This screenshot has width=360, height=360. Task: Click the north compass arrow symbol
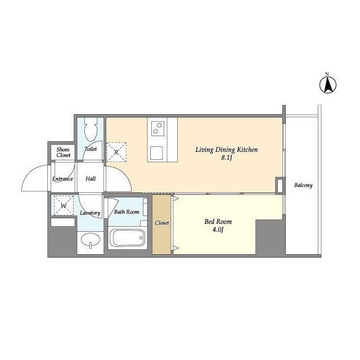click(328, 85)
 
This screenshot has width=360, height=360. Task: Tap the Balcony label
click(303, 185)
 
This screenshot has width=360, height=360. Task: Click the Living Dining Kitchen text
click(226, 150)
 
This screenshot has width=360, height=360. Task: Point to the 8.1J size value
click(227, 157)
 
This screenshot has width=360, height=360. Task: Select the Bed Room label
click(218, 222)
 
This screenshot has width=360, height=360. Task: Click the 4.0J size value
click(218, 229)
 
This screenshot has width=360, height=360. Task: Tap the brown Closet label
click(162, 223)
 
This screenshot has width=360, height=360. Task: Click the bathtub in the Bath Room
click(128, 237)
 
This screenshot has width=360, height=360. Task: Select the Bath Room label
click(127, 211)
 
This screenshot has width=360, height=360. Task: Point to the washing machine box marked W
click(64, 205)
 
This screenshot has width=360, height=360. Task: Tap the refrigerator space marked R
click(116, 152)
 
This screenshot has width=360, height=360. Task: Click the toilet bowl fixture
click(91, 129)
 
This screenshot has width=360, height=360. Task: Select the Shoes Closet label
click(63, 152)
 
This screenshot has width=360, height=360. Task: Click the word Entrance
click(62, 179)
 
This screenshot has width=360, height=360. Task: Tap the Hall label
click(91, 179)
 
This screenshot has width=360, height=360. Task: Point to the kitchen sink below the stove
click(156, 152)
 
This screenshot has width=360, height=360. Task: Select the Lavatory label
click(90, 213)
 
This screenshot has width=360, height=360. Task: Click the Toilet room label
click(91, 149)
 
